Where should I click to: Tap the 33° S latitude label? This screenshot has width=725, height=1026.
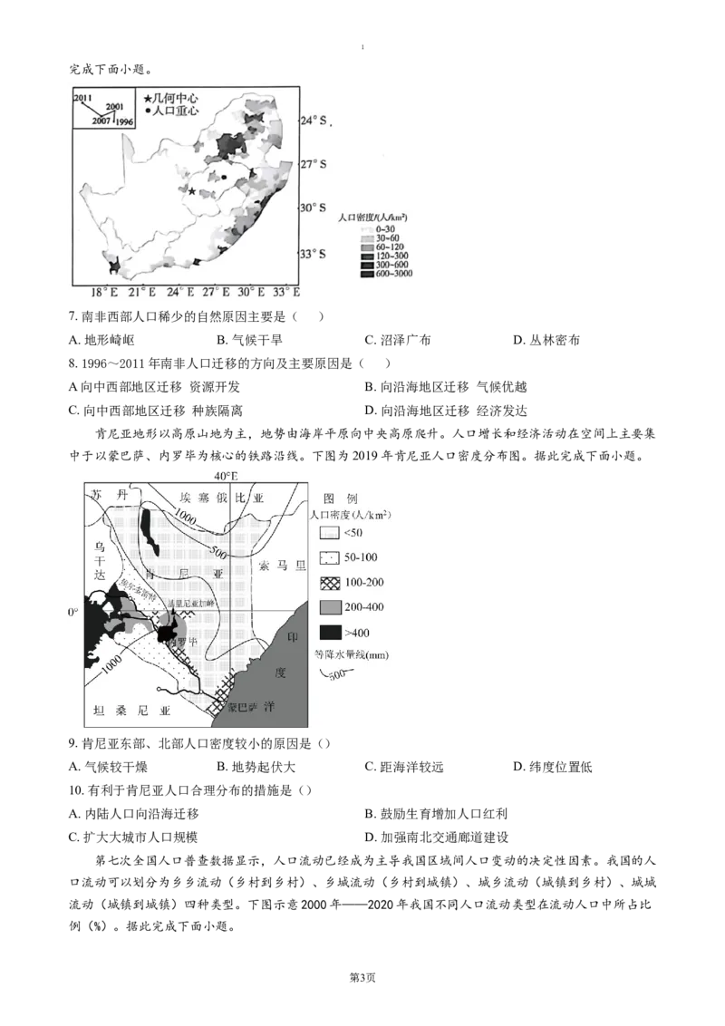click(x=314, y=253)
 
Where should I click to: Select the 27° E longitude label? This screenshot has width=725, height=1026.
click(x=214, y=292)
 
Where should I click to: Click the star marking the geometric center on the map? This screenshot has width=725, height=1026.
click(x=191, y=190)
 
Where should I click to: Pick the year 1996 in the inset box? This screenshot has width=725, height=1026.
click(x=125, y=121)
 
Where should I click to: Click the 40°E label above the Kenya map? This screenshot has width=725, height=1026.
click(x=226, y=476)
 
